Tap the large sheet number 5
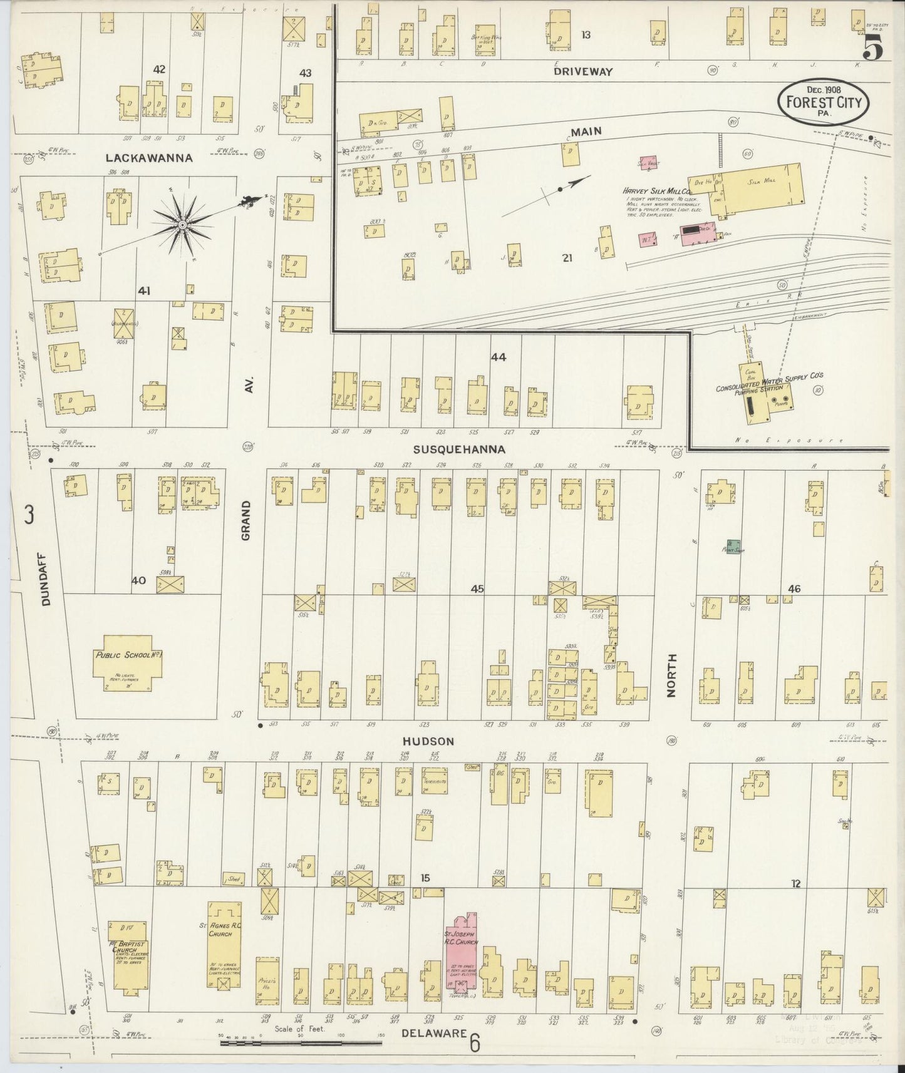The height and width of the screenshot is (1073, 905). pyautogui.click(x=874, y=48)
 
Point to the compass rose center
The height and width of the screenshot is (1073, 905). pyautogui.click(x=182, y=225)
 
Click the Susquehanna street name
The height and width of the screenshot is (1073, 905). pyautogui.click(x=459, y=449)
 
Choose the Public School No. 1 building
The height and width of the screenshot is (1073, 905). pyautogui.click(x=127, y=668)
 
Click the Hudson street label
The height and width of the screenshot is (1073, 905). pyautogui.click(x=428, y=741)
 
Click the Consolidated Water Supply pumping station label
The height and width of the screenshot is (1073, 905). pyautogui.click(x=769, y=382)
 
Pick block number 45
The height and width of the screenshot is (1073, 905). pyautogui.click(x=477, y=588)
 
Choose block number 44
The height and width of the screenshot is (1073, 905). pyautogui.click(x=498, y=357)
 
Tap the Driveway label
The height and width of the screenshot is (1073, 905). pyautogui.click(x=582, y=72)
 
